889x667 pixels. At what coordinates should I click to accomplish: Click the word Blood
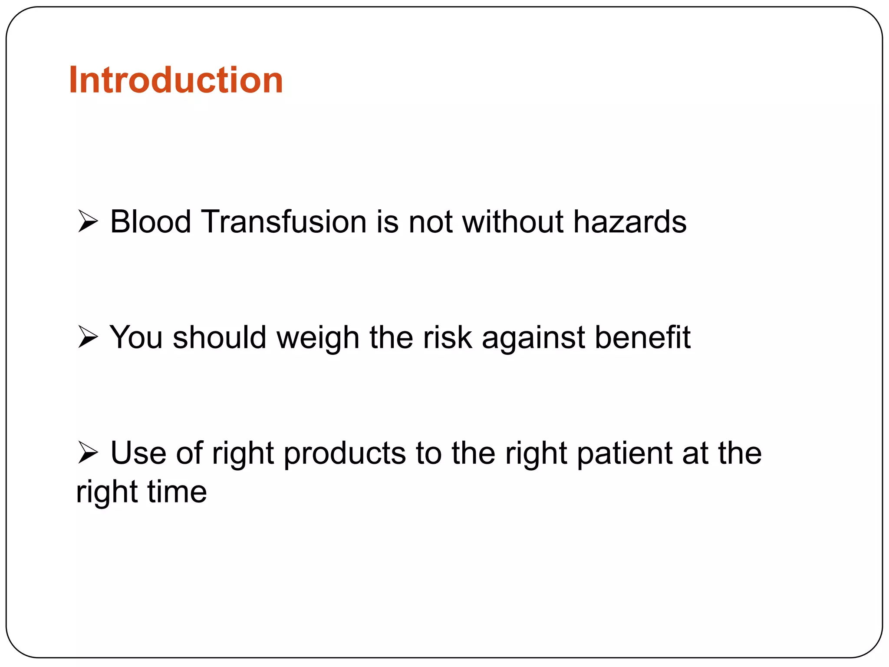click(150, 221)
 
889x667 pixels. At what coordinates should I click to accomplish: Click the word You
click(135, 337)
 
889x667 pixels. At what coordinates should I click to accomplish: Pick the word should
click(219, 337)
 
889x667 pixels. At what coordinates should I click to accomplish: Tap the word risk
click(447, 337)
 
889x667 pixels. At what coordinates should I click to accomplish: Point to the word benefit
click(642, 337)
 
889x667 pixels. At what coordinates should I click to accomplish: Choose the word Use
click(138, 453)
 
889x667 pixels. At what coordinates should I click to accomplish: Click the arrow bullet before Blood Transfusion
click(88, 221)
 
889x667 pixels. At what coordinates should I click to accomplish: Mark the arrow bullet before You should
click(88, 337)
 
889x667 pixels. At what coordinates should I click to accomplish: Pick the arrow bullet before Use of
click(88, 453)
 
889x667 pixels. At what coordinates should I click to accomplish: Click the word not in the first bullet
click(430, 221)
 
